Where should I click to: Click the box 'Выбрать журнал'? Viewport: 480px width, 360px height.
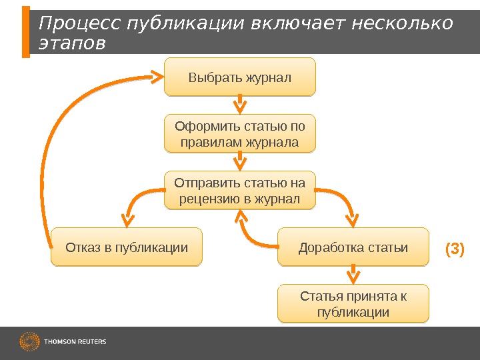click(x=240, y=77)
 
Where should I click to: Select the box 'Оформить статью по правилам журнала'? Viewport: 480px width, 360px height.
click(x=240, y=134)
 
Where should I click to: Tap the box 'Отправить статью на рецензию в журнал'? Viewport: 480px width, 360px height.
click(x=240, y=190)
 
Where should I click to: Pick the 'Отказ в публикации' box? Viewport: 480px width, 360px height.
click(x=127, y=248)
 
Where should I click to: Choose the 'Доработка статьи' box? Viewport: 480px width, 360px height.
click(x=353, y=248)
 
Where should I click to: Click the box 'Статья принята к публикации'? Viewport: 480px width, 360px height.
click(x=353, y=304)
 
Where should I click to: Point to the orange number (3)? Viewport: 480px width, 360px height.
click(x=454, y=249)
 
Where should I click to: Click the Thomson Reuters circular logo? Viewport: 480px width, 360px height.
click(x=29, y=342)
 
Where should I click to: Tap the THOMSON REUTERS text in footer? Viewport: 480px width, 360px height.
click(x=75, y=342)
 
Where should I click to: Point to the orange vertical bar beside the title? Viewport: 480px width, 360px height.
click(x=26, y=32)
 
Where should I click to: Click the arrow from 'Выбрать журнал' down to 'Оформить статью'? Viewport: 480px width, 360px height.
click(x=240, y=105)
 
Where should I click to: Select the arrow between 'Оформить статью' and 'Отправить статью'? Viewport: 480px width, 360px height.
click(x=240, y=161)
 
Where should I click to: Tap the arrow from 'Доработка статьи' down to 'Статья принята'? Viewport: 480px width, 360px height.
click(x=353, y=275)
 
